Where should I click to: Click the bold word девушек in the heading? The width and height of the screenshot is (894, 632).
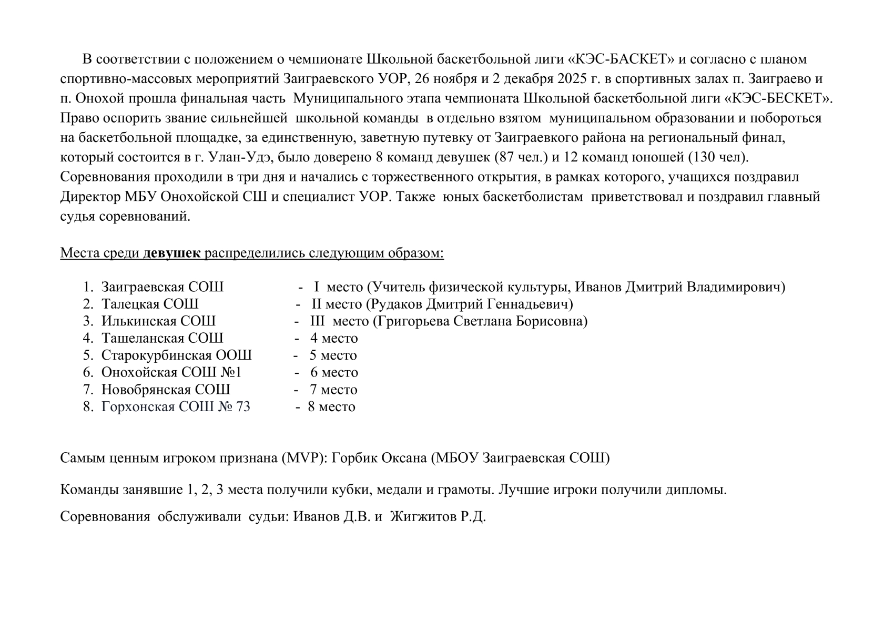pyautogui.click(x=172, y=253)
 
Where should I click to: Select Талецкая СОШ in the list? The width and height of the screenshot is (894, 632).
pyautogui.click(x=150, y=304)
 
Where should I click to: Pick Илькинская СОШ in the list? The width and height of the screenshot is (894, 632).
pyautogui.click(x=158, y=321)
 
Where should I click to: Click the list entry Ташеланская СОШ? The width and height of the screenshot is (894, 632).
pyautogui.click(x=162, y=338)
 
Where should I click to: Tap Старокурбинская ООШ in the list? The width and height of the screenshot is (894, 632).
pyautogui.click(x=176, y=355)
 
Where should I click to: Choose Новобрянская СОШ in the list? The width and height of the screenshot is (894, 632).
pyautogui.click(x=166, y=390)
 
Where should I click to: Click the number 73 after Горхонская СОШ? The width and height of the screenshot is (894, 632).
pyautogui.click(x=242, y=407)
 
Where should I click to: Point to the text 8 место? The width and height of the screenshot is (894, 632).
pyautogui.click(x=331, y=407)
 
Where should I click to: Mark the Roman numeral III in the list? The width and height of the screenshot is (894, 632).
pyautogui.click(x=318, y=321)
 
